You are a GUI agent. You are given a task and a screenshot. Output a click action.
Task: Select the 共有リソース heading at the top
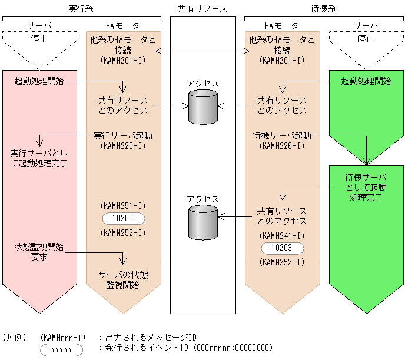[203, 8]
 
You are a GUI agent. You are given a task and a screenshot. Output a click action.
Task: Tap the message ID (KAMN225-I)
[123, 145]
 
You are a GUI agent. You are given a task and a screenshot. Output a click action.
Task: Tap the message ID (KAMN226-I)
[282, 145]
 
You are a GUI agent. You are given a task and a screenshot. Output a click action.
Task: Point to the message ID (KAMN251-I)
[123, 205]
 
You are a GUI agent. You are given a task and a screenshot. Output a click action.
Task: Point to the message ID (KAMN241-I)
[282, 235]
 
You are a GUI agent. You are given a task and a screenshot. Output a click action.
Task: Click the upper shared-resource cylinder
[203, 106]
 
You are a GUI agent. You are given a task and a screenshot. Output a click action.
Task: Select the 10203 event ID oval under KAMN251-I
[123, 218]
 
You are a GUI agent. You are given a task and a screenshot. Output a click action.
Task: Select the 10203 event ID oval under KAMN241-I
[282, 248]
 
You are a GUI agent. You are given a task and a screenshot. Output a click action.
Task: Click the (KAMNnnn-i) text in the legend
[64, 337]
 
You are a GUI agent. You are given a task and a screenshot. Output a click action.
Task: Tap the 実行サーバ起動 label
[123, 135]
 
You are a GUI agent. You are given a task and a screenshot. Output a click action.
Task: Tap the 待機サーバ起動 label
[282, 135]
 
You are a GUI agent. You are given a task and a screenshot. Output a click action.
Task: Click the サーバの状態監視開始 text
[123, 279]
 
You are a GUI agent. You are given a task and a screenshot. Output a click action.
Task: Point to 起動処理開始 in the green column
[366, 81]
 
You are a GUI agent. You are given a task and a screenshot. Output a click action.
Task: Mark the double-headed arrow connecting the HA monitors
[203, 52]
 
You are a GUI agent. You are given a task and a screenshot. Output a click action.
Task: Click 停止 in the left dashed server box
[39, 39]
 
